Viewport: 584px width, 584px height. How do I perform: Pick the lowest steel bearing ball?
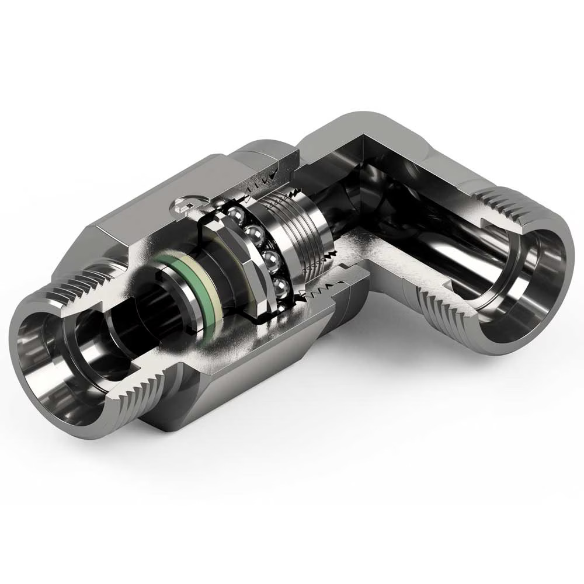pyautogui.click(x=281, y=287)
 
